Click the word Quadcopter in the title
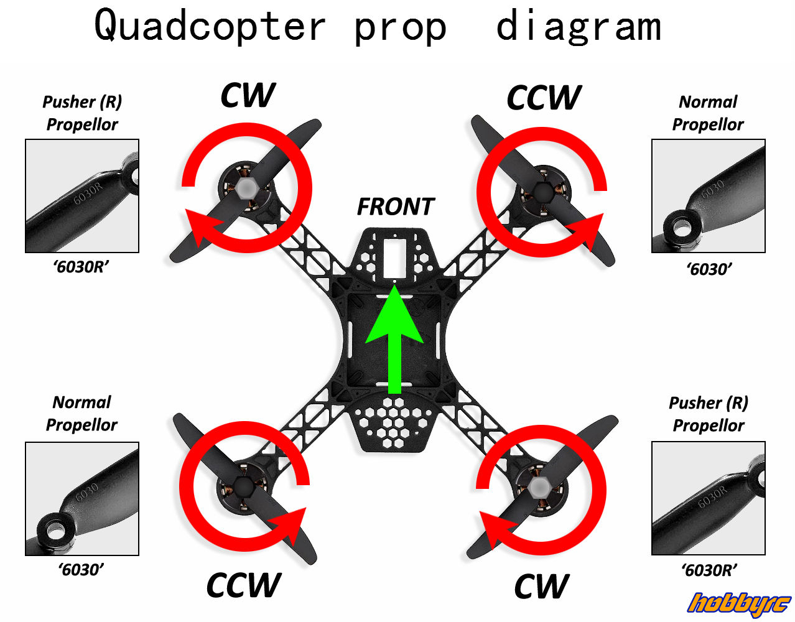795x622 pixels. tap(210, 26)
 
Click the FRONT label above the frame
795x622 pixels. tap(395, 207)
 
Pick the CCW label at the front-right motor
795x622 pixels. tap(544, 98)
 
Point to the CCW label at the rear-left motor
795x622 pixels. tap(243, 585)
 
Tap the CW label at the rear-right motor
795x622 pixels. tap(541, 587)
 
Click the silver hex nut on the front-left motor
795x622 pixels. tap(247, 187)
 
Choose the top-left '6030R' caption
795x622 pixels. tap(81, 267)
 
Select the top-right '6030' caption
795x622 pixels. tap(709, 269)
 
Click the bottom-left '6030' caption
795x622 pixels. tap(81, 569)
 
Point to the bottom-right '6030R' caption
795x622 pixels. tap(709, 569)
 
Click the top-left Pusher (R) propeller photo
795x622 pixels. tap(82, 196)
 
